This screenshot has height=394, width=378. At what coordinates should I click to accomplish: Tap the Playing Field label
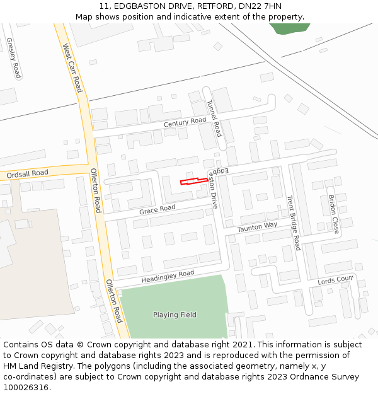pos(175,315)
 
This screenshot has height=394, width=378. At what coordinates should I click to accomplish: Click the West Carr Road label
pos(72,67)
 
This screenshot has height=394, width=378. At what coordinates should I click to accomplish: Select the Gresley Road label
pos(13,58)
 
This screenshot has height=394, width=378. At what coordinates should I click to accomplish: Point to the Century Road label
pos(185,122)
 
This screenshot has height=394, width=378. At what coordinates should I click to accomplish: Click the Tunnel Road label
pos(214,118)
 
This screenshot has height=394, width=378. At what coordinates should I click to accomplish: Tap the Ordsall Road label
pos(27,173)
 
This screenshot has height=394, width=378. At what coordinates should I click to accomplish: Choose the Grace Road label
pos(157,209)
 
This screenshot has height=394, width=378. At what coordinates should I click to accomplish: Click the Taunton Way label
pos(257,227)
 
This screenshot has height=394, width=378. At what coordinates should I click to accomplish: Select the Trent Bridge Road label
pos(293,223)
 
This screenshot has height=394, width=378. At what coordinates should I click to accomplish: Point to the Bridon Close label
pos(334,214)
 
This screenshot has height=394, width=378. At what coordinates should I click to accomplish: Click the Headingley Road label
pos(168,275)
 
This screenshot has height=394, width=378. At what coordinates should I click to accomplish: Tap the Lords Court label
pos(336,280)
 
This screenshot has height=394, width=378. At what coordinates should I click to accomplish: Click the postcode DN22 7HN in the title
pos(260,6)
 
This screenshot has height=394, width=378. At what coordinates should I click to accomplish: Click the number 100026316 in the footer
pos(26,388)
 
